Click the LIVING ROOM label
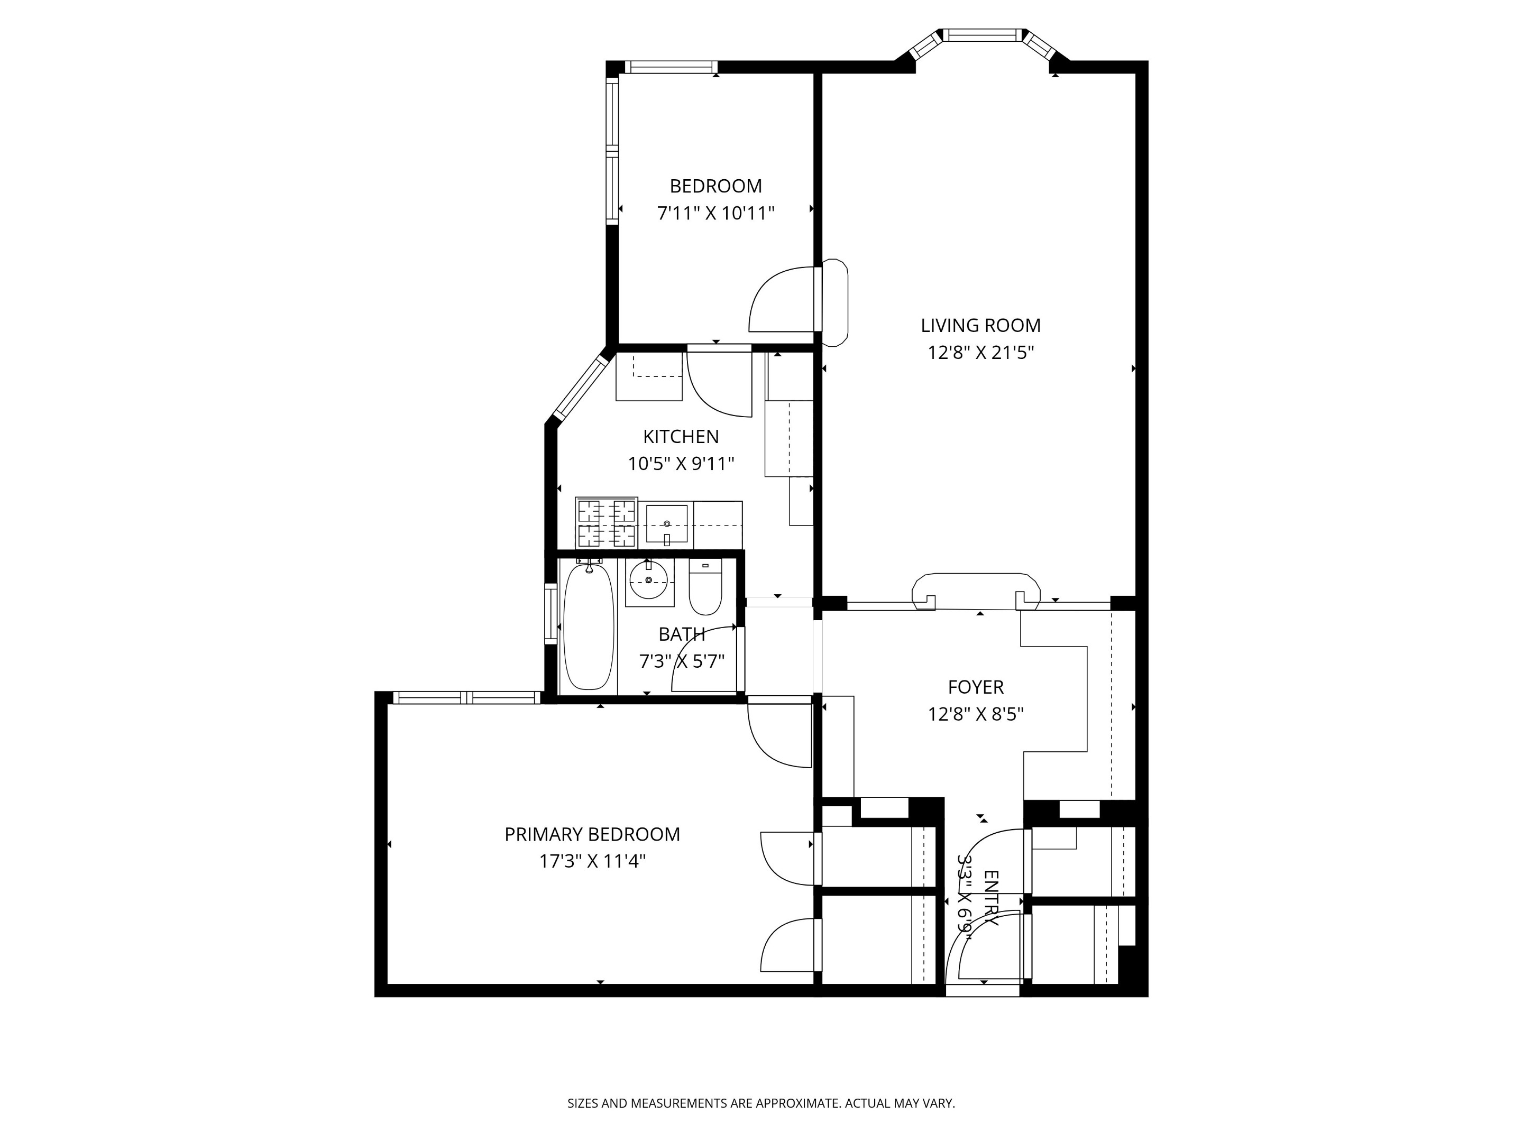980,325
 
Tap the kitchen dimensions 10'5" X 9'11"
680,464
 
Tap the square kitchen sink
666,524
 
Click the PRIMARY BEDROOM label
592,834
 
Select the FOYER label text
976,687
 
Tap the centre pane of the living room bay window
983,35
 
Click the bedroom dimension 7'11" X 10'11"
715,214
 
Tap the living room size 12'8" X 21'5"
980,353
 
